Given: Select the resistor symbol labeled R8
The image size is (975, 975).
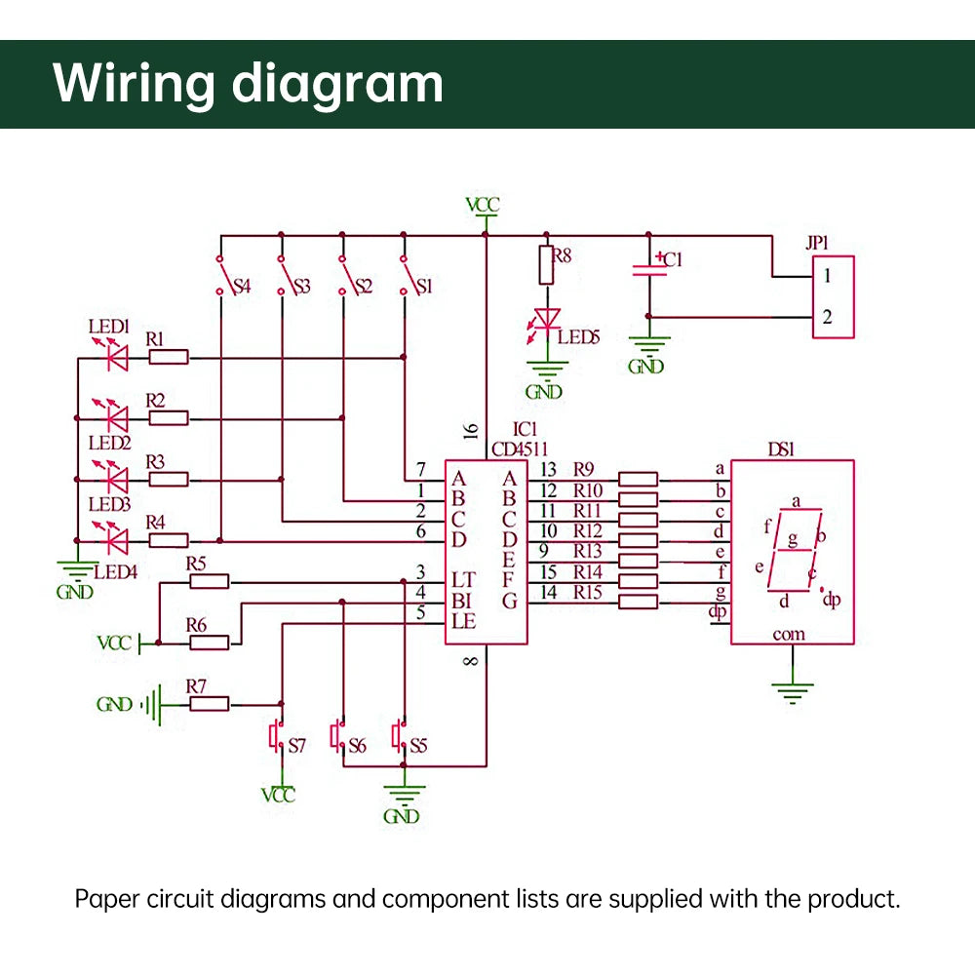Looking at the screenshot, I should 546,265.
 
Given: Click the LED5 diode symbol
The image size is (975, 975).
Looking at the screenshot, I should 547,319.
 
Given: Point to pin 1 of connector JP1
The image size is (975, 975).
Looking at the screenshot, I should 827,276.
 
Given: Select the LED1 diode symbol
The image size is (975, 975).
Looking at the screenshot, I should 116,359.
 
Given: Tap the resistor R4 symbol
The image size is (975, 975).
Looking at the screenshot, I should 169,540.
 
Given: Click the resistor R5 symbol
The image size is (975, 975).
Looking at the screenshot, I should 209,582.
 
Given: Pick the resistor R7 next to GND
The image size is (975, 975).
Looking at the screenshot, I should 209,703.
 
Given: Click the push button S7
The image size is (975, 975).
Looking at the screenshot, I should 276,735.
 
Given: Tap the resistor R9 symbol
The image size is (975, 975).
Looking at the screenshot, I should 639,479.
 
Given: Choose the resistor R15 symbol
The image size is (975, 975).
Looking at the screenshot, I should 639,603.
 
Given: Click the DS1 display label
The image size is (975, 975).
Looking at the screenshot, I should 781,449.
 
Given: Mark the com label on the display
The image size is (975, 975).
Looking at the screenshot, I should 789,635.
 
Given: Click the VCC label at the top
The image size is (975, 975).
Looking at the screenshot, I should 483,206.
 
